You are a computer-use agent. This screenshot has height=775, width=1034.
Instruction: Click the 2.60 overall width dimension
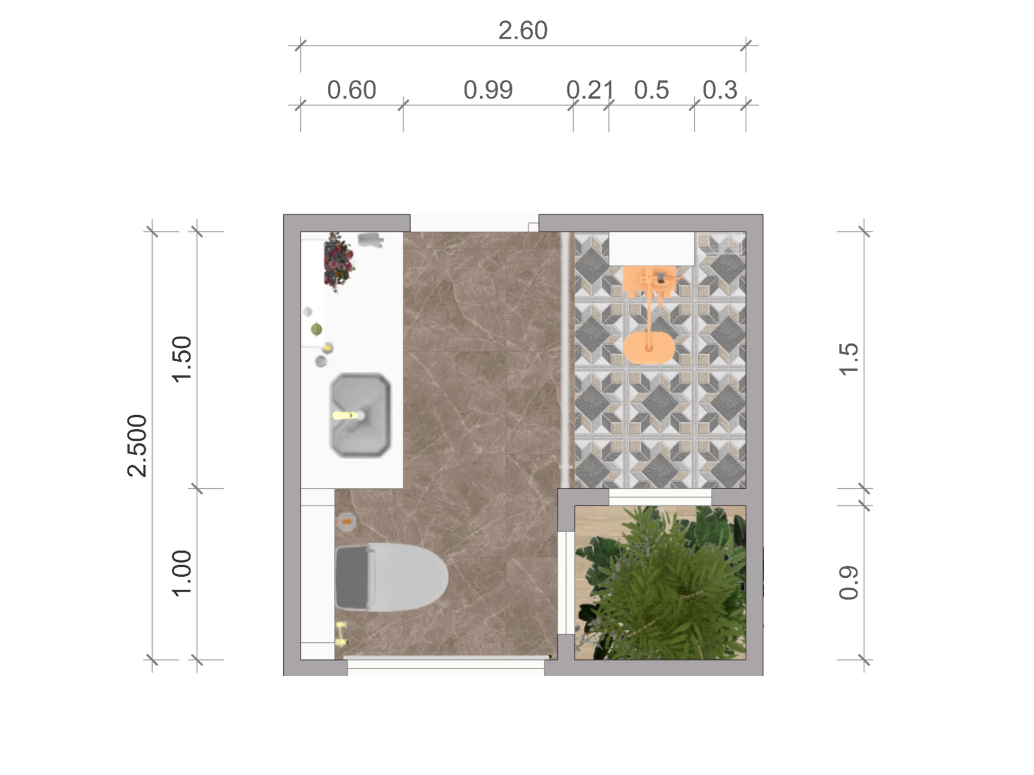523,31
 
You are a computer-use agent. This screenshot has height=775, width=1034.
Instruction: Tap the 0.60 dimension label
351,90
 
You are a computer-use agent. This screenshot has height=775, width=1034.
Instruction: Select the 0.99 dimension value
488,90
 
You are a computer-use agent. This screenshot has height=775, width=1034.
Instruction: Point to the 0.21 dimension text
590,90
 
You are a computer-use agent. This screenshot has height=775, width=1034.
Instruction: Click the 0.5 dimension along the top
651,90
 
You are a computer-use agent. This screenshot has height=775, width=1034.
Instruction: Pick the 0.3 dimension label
720,90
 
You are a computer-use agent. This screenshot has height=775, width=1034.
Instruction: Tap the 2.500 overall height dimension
137,446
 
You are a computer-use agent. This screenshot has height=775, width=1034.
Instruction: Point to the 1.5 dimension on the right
849,359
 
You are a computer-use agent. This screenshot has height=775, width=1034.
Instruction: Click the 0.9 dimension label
849,583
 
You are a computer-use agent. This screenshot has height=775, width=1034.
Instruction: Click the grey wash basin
360,415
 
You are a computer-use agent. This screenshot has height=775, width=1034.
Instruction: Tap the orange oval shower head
649,347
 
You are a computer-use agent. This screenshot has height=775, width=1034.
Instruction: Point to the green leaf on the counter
317,330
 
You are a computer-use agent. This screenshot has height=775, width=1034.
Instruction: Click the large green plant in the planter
661,583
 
